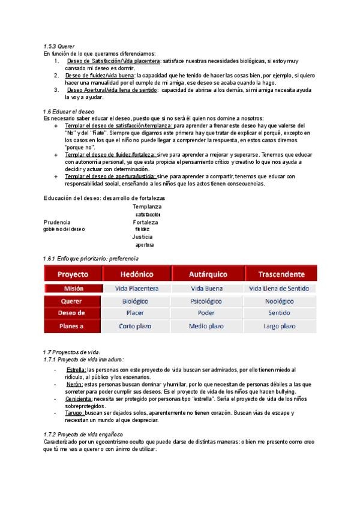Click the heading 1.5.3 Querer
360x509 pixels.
[x=58, y=46]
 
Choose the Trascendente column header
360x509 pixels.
[x=281, y=274]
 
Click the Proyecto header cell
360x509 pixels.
[x=73, y=274]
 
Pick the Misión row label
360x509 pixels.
[x=73, y=288]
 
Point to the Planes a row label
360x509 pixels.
[x=73, y=326]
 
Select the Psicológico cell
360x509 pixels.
[x=206, y=301]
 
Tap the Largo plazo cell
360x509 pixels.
[x=280, y=326]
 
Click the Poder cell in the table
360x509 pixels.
[x=206, y=313]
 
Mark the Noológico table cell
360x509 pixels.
[x=280, y=301]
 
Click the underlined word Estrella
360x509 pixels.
[x=76, y=370]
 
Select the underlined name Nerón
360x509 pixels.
[x=74, y=384]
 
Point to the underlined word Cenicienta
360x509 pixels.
[x=78, y=398]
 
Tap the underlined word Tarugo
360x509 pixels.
[x=75, y=413]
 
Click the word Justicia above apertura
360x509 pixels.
[x=142, y=236]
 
